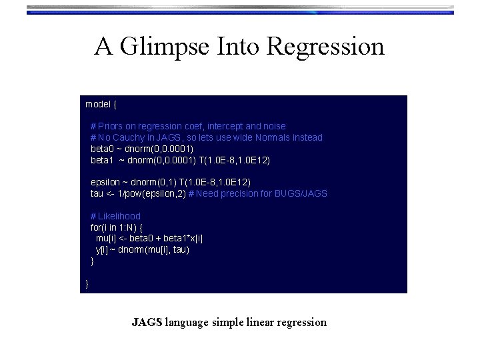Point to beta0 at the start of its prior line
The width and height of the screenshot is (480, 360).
103,149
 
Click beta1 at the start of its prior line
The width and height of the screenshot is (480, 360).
103,160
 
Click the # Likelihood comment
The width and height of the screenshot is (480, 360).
115,216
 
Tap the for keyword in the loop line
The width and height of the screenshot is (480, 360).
97,227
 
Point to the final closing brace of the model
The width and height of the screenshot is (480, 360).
87,285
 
